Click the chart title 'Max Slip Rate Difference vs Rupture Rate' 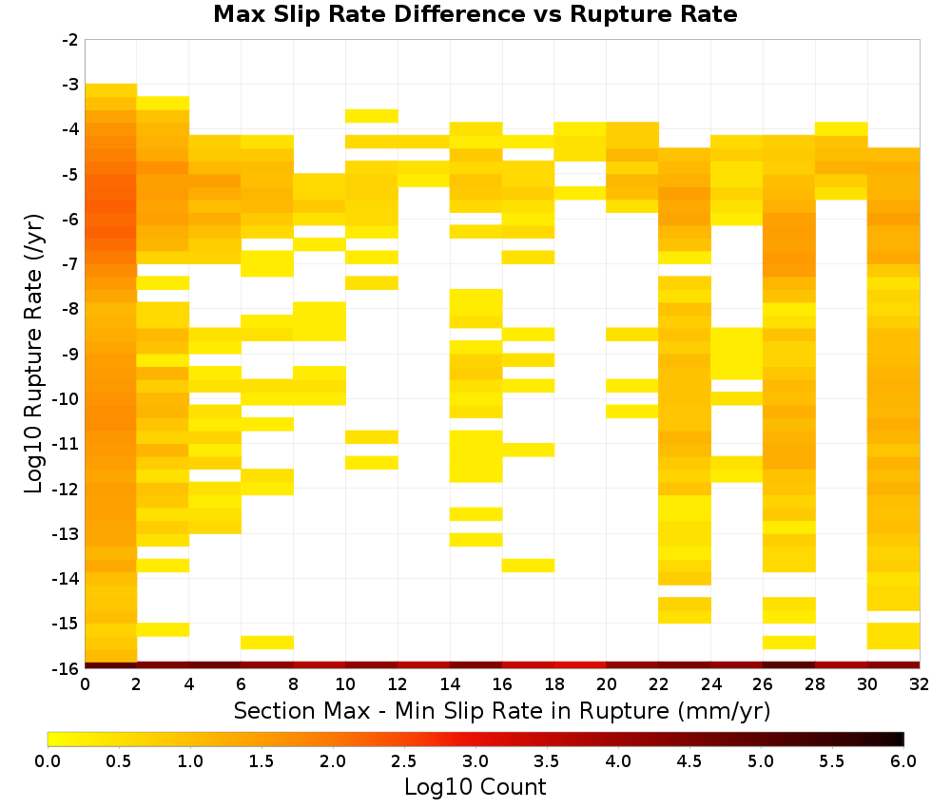click(x=475, y=14)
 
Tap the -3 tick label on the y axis click(x=70, y=85)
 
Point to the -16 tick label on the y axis click(x=67, y=668)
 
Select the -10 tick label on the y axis click(x=67, y=399)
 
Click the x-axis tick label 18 click(x=554, y=684)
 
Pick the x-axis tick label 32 click(x=920, y=684)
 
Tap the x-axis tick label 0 click(x=85, y=684)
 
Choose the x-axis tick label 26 click(x=763, y=684)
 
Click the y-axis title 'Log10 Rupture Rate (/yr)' click(x=33, y=354)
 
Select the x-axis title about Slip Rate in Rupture click(x=502, y=710)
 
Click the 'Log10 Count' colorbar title click(x=475, y=787)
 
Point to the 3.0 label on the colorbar click(x=475, y=761)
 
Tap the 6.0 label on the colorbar click(x=903, y=761)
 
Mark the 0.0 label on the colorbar click(x=48, y=761)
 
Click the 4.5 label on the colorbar click(x=689, y=761)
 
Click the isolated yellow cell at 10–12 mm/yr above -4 click(x=372, y=116)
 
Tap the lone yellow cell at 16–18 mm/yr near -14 click(x=528, y=565)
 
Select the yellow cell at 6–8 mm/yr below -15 click(x=267, y=643)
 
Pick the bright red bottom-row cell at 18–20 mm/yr click(x=580, y=665)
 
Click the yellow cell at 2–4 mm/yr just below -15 click(x=164, y=630)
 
